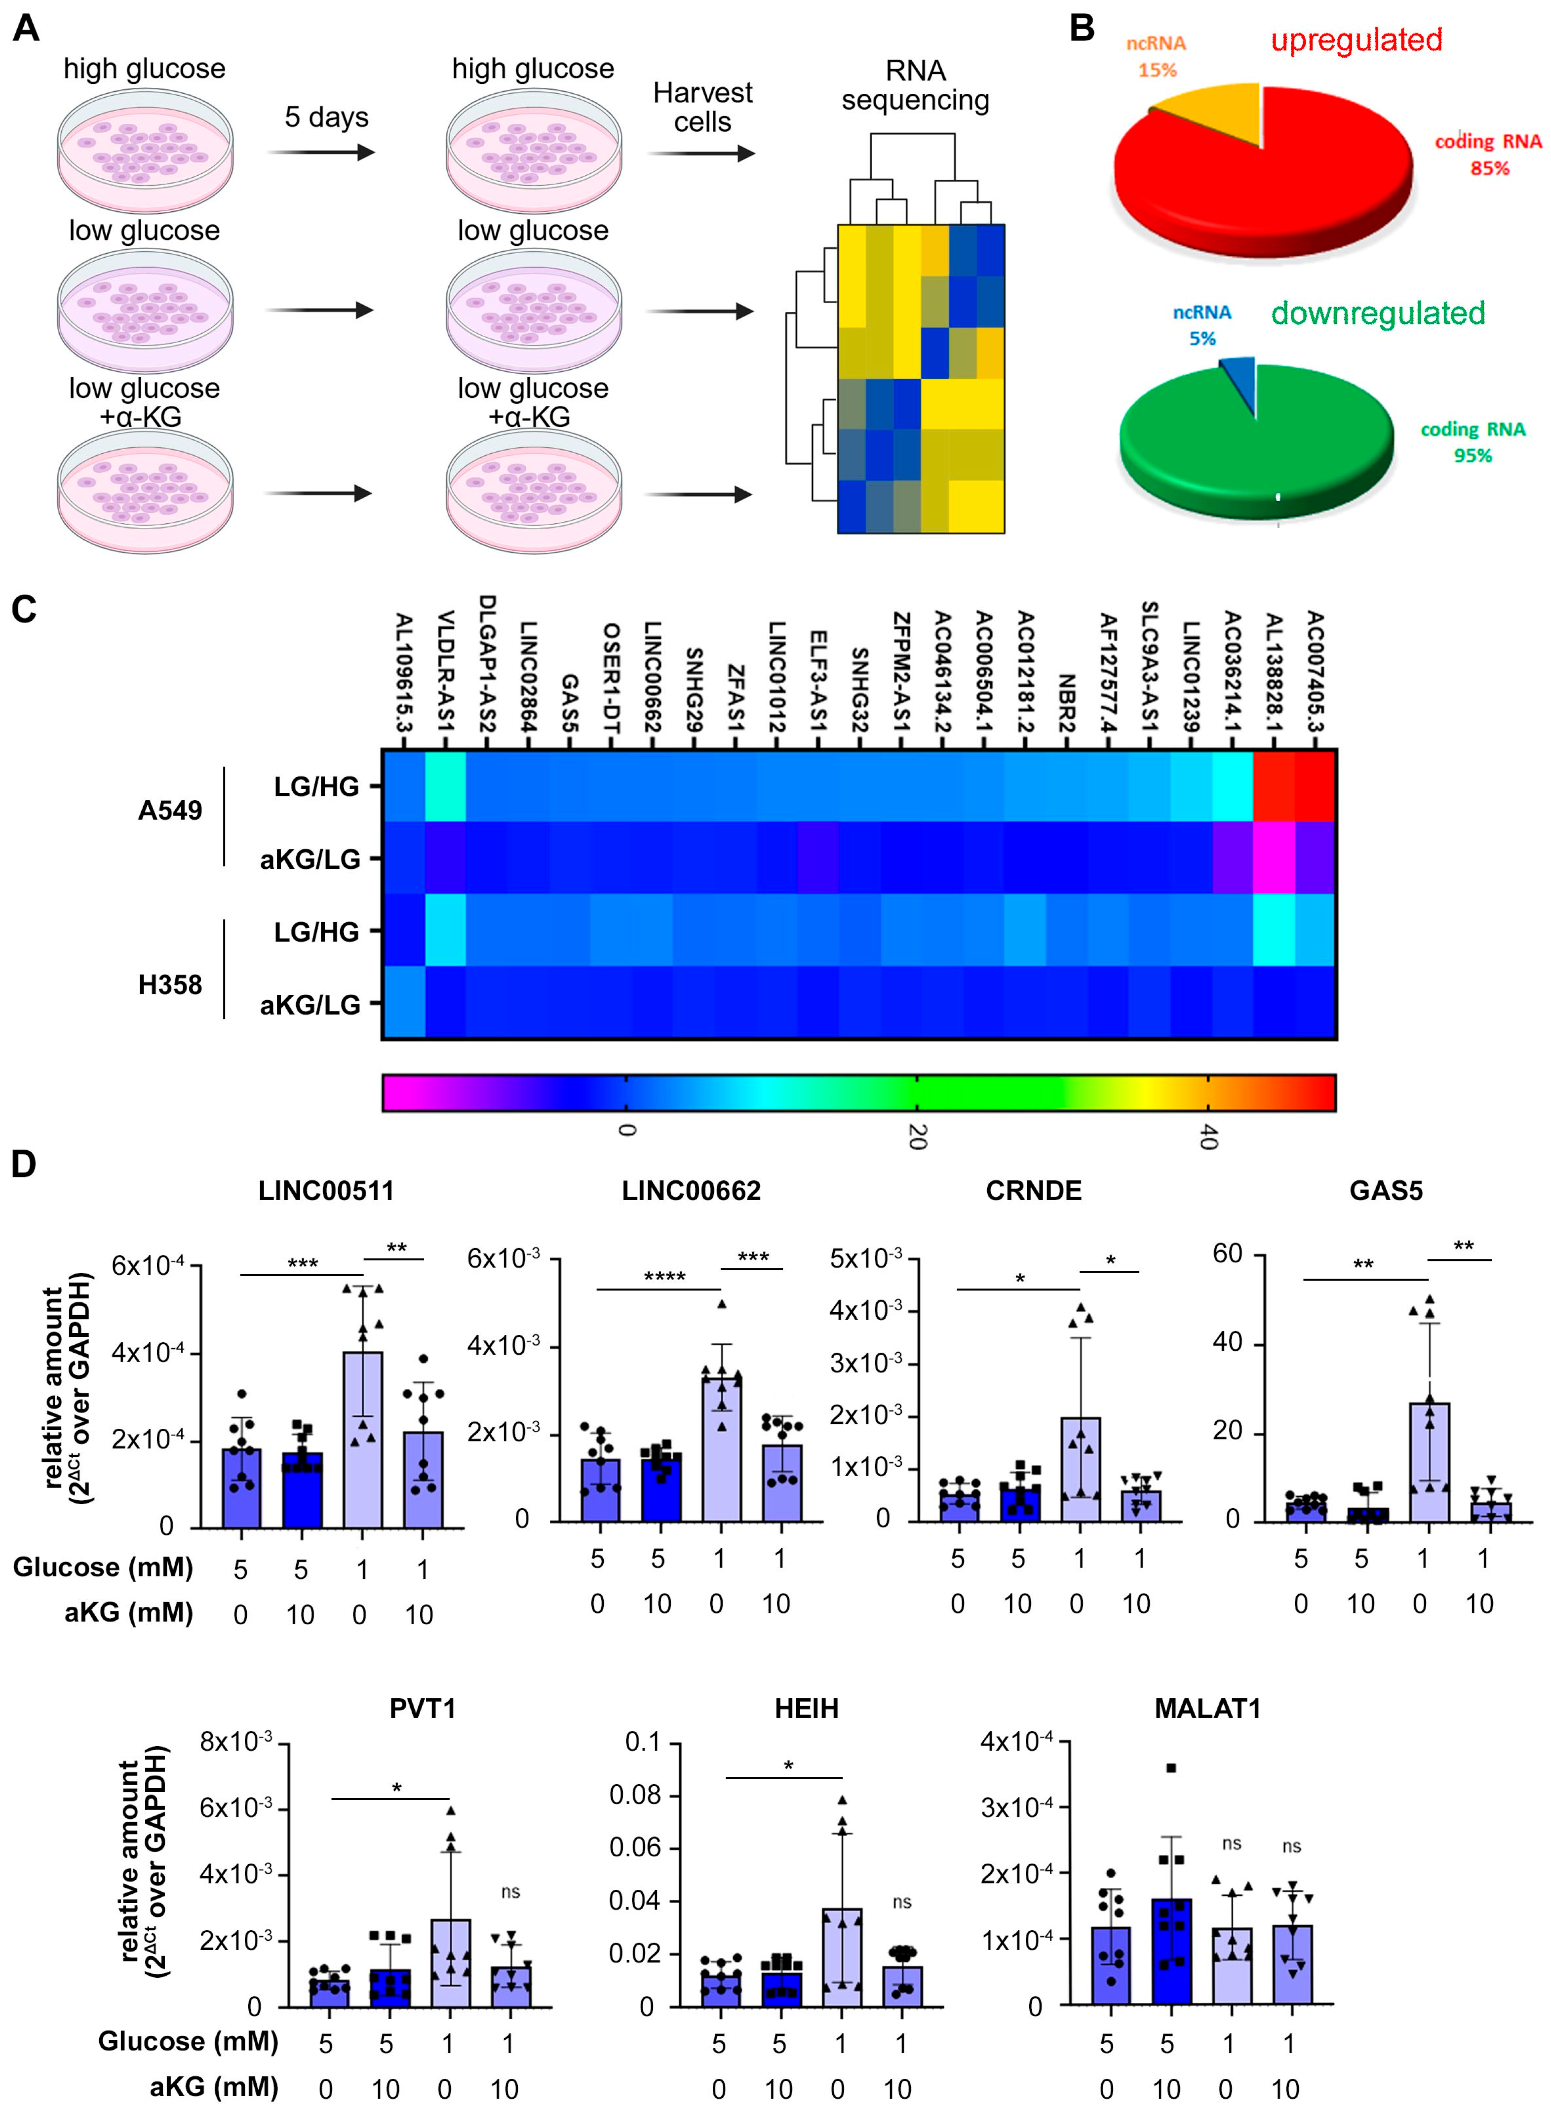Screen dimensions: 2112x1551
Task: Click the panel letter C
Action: click(24, 610)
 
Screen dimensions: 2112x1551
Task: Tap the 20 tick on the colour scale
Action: click(917, 1136)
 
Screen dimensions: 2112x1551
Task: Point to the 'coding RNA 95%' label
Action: click(1472, 441)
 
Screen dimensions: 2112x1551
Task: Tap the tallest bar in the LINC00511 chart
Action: click(362, 1437)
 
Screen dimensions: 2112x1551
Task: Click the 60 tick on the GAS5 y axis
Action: click(1227, 1253)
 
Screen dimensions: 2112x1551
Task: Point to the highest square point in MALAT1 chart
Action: click(1171, 1768)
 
